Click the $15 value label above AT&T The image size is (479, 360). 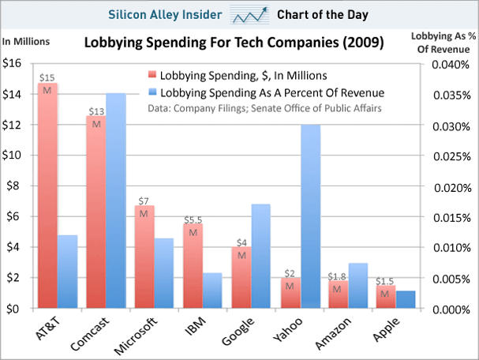[x=47, y=77]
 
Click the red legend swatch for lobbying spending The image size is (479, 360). [x=151, y=76]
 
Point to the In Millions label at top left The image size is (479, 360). [x=26, y=42]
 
